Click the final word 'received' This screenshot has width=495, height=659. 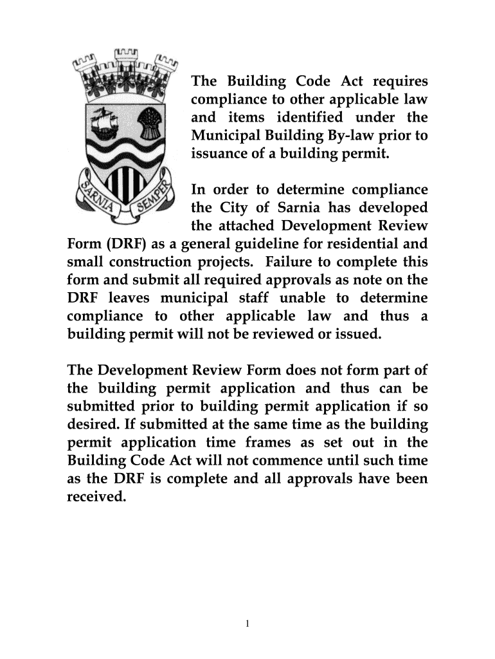(94, 497)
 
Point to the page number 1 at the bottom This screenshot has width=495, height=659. (248, 624)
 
